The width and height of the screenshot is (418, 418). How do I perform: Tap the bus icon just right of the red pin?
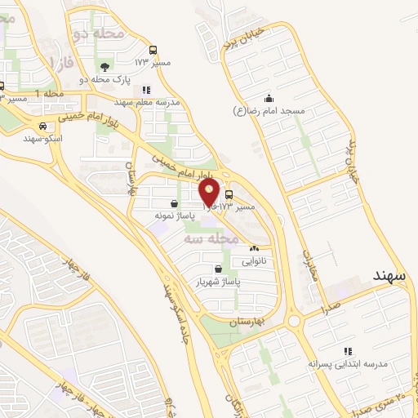click(228, 195)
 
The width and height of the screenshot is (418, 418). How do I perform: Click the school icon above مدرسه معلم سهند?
click(146, 90)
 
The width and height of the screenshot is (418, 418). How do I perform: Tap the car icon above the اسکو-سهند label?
click(42, 127)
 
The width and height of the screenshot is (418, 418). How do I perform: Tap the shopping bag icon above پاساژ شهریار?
click(217, 269)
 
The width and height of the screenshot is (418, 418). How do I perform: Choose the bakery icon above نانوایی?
click(254, 249)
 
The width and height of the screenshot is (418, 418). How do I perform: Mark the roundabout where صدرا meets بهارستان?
click(293, 320)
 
